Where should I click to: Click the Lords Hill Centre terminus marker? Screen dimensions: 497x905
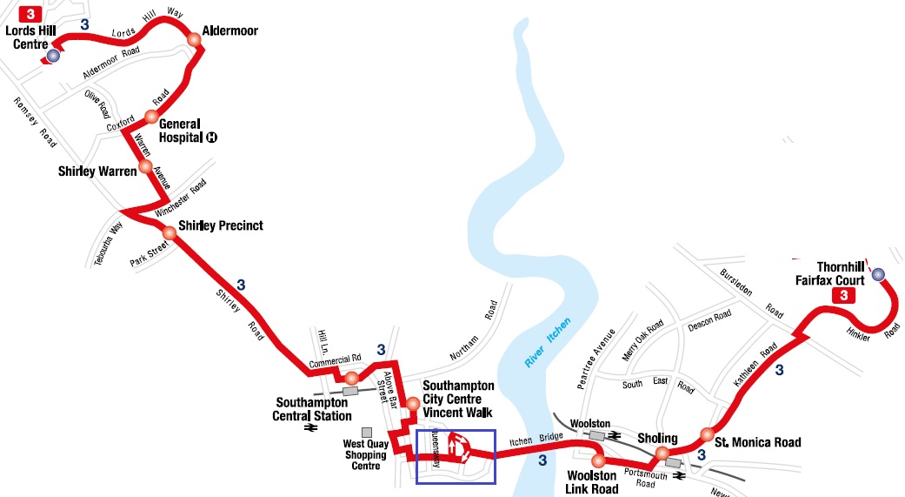coord(54,55)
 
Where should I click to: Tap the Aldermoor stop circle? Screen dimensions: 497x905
coord(194,37)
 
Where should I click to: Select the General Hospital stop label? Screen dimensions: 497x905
coord(179,130)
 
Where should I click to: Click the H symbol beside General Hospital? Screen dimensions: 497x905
coord(211,138)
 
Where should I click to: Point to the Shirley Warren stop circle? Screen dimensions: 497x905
coord(145,166)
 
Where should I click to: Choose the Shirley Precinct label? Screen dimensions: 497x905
coord(220,226)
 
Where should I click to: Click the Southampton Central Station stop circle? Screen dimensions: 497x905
coord(351,378)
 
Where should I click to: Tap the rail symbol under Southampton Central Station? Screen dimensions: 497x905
coord(309,427)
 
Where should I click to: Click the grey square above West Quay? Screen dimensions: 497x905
coord(367,432)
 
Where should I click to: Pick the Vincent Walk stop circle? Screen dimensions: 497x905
coord(413,403)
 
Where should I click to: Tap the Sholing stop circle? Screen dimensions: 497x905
coord(662,452)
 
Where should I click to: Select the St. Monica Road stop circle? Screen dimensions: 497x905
coord(707,434)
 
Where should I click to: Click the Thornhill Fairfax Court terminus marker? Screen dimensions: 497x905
coord(878,274)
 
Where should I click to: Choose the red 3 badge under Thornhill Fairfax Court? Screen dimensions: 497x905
coord(842,296)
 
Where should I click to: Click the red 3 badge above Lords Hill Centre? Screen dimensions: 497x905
coord(31,14)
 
